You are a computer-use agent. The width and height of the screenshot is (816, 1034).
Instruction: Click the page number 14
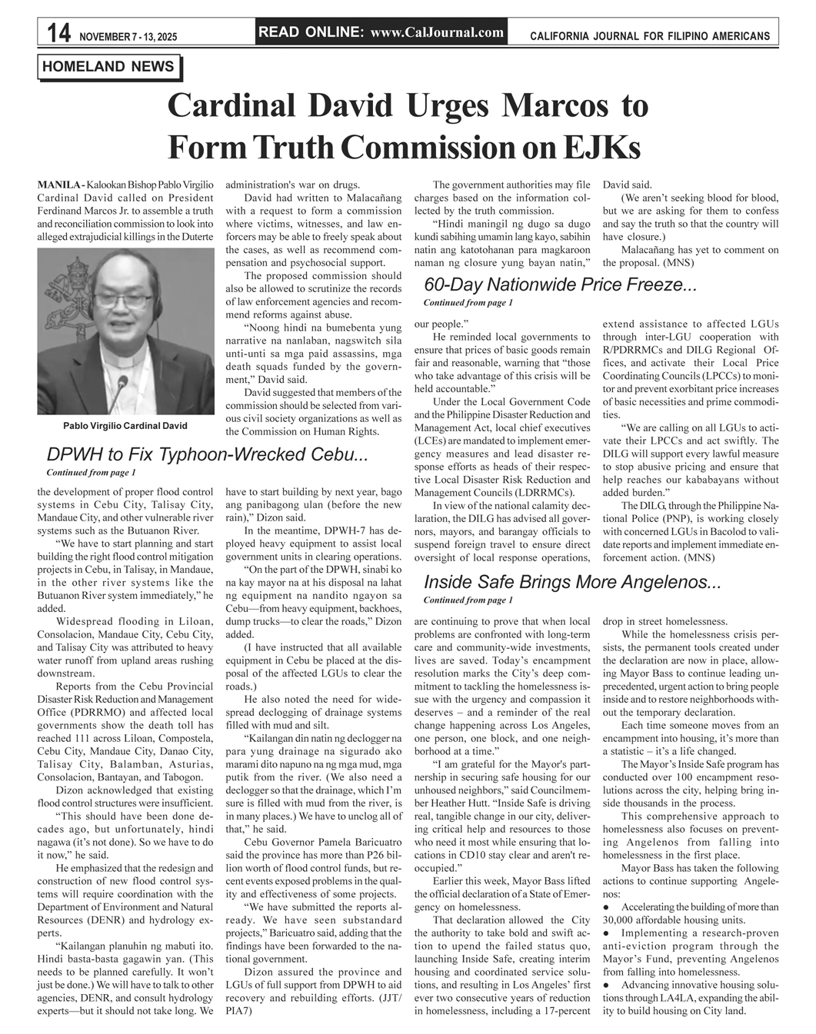(x=58, y=33)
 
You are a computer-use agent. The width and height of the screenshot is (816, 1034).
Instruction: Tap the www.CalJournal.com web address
(x=437, y=32)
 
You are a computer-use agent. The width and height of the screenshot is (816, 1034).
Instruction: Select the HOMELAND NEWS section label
(x=108, y=67)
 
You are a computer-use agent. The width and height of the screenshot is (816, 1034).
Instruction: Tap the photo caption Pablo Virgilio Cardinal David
(x=125, y=425)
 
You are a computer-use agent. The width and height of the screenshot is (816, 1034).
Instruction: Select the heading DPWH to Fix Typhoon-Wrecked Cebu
(x=207, y=454)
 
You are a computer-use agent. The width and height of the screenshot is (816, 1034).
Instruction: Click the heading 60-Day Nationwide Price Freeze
(x=560, y=285)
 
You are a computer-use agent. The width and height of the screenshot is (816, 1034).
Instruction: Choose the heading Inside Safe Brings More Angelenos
(x=571, y=582)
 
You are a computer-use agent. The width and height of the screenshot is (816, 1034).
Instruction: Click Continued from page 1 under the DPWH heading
(x=91, y=472)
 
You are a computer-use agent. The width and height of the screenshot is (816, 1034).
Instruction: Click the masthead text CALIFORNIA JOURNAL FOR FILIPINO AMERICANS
(x=650, y=36)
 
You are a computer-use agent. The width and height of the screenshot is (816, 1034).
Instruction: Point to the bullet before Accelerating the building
(x=606, y=907)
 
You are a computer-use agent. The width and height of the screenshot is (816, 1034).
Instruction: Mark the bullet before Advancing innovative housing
(x=606, y=985)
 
